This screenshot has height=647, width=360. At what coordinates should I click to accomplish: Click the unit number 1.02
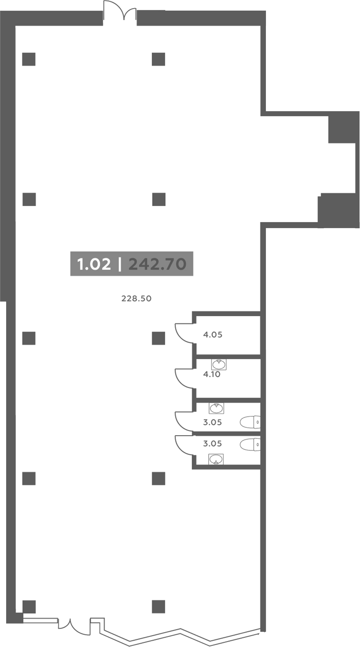[x=94, y=264]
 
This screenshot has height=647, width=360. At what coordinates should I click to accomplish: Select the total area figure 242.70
[x=157, y=264]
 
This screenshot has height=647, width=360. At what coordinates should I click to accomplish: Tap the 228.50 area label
[x=136, y=299]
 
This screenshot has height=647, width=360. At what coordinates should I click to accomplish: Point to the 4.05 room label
[x=213, y=335]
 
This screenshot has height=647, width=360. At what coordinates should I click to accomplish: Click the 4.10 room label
[x=212, y=374]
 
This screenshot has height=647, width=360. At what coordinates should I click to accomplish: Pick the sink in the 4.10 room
[x=219, y=364]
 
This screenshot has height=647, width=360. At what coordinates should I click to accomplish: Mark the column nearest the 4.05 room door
[x=158, y=338]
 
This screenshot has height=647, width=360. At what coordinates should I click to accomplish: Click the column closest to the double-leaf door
[x=158, y=59]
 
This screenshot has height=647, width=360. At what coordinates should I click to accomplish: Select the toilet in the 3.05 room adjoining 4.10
[x=250, y=422]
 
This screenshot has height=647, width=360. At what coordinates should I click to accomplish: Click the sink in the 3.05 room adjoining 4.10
[x=216, y=408]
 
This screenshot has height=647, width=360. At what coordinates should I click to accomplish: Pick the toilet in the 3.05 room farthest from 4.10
[x=250, y=445]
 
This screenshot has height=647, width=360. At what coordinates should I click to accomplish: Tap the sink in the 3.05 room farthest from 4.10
[x=216, y=459]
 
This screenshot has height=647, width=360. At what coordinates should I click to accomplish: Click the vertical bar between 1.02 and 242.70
[x=119, y=264]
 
